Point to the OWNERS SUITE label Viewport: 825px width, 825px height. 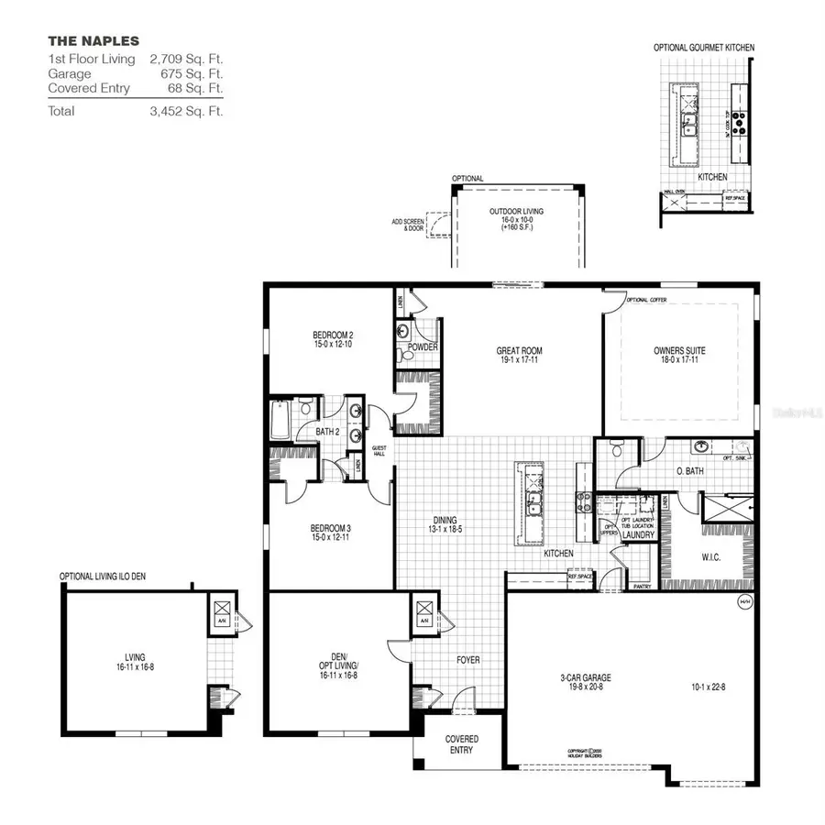coord(679,350)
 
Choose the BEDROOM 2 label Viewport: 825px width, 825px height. coord(332,336)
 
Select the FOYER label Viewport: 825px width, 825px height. coord(468,660)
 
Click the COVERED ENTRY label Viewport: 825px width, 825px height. coord(462,744)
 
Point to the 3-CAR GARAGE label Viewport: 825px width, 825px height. coord(586,678)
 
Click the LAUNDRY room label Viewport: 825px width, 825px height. coord(638,534)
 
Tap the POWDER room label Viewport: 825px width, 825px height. coord(423,347)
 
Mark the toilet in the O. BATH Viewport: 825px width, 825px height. coord(616,450)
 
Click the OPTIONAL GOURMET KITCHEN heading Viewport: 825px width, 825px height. coord(704,47)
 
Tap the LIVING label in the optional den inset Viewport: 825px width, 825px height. coord(136,656)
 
